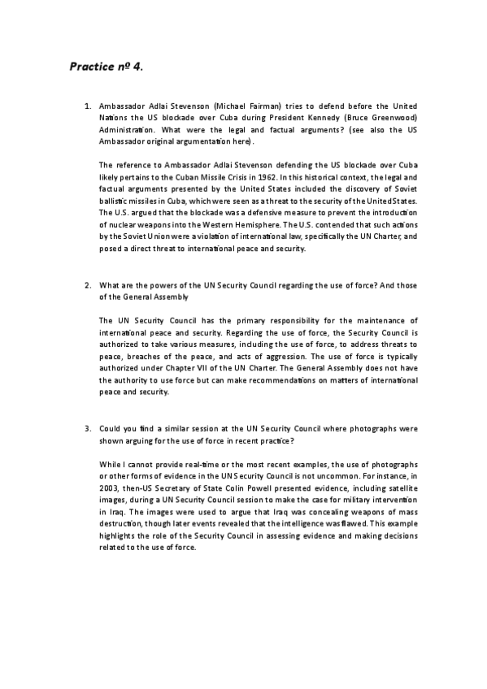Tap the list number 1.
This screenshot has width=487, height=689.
87,106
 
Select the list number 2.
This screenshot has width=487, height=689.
87,285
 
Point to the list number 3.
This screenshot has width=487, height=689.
87,427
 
